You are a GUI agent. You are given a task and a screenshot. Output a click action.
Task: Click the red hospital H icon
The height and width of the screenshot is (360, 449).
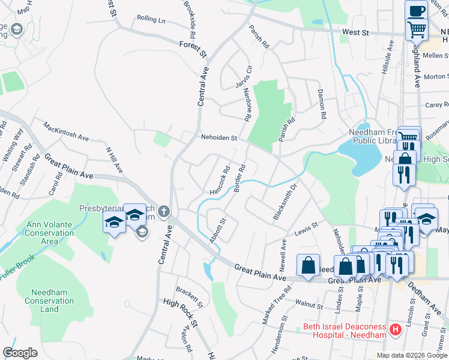point(396,329)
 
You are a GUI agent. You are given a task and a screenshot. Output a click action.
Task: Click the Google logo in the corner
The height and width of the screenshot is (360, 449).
point(20,353)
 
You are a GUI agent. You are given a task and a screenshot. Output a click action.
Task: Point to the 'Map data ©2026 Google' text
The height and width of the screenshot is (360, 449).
point(412,355)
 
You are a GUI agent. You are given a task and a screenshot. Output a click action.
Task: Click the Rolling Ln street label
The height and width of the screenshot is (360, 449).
point(151,19)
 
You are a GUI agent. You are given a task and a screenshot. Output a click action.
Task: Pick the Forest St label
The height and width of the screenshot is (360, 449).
point(192,49)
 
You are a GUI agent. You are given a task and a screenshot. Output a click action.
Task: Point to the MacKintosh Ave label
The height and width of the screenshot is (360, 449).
point(65,131)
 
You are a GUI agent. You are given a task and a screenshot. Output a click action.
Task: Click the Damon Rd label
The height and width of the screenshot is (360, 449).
point(321,106)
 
